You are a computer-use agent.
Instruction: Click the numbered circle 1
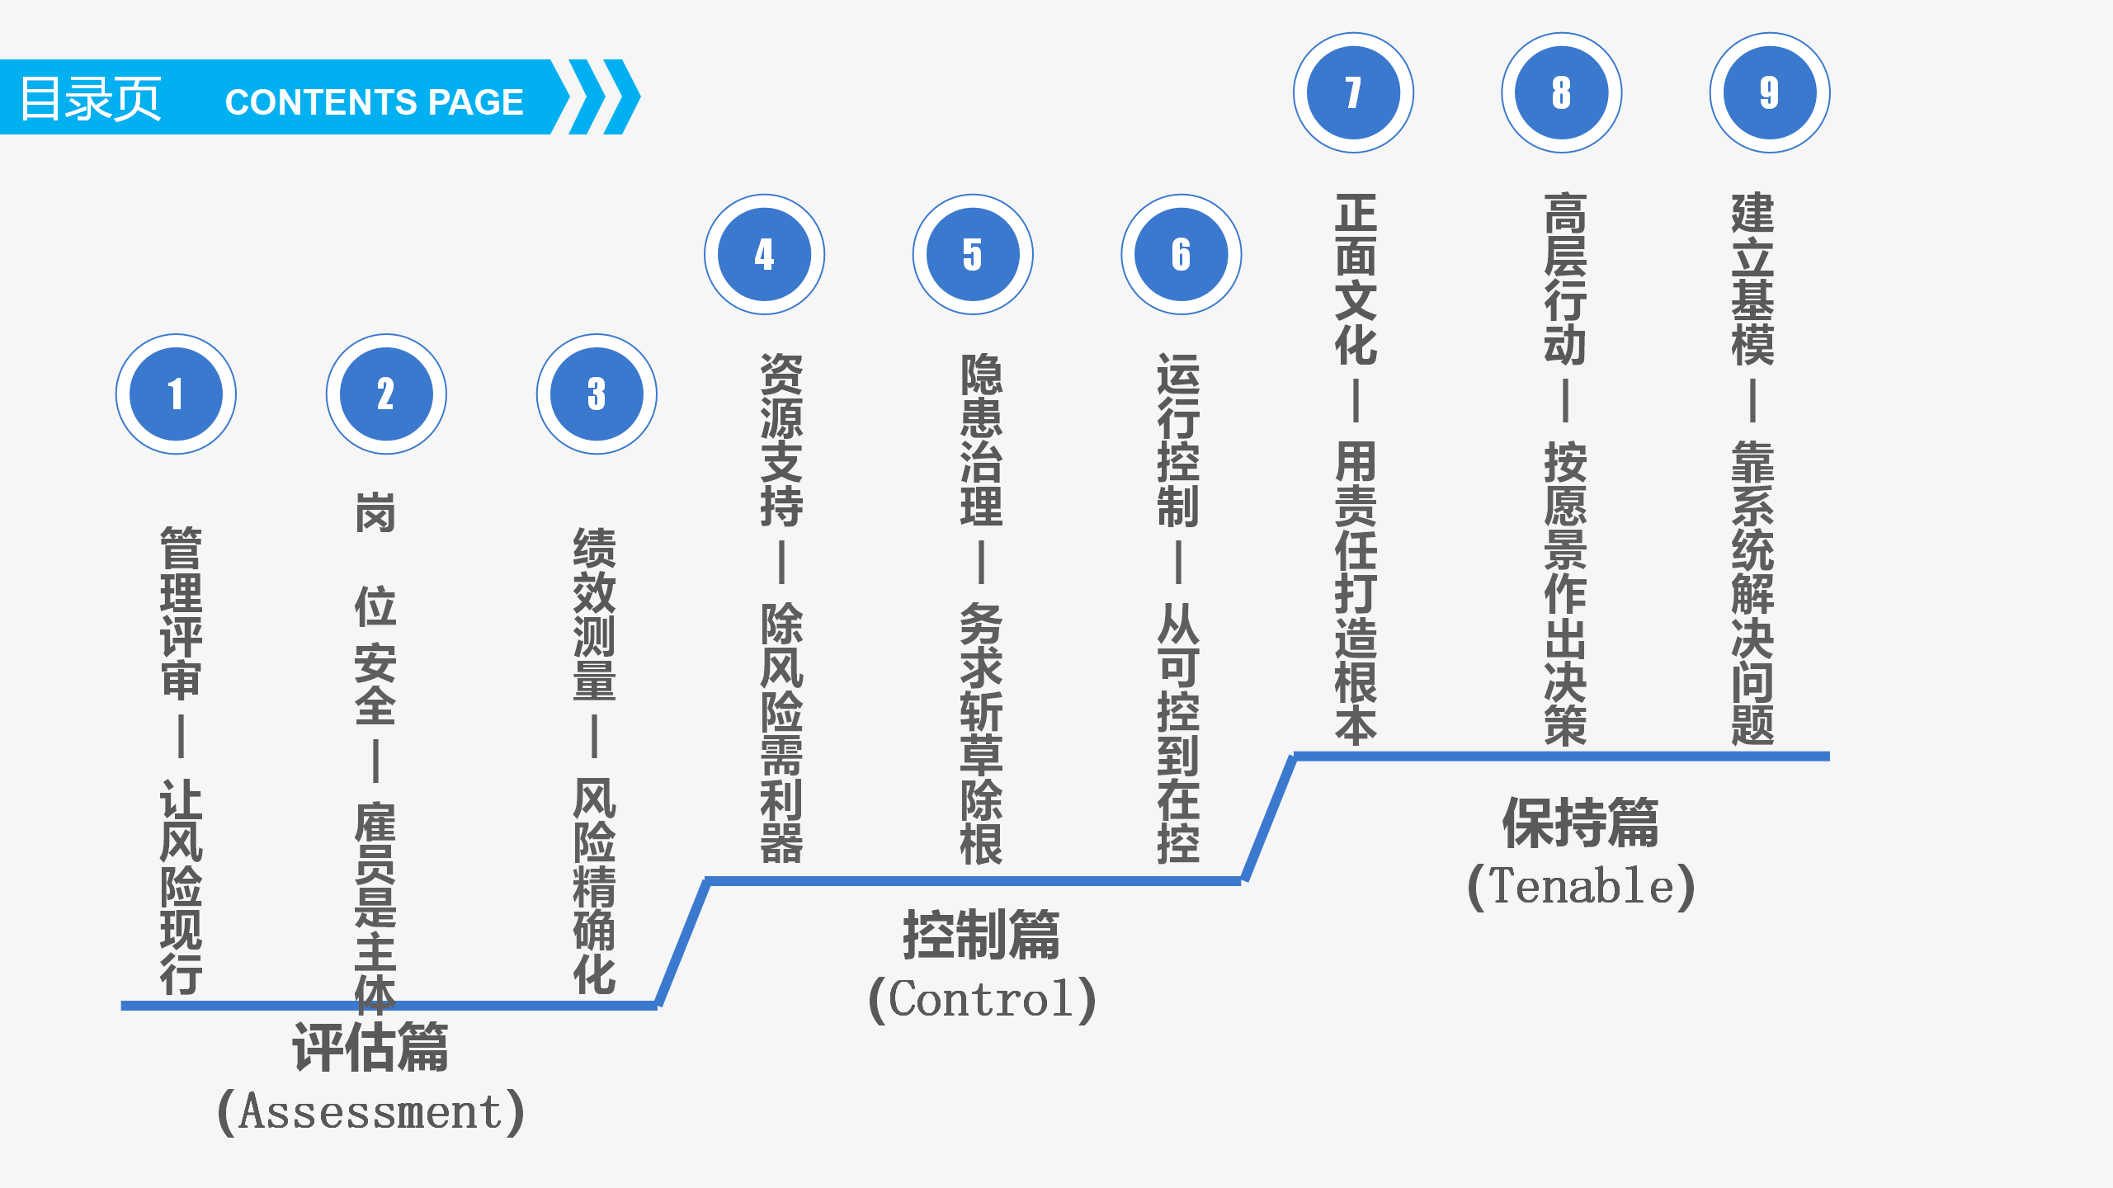pos(176,394)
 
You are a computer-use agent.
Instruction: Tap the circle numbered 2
pos(386,394)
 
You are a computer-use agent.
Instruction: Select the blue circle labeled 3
pos(597,394)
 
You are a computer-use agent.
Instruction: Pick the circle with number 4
pos(764,254)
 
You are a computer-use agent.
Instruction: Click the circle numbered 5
pos(973,254)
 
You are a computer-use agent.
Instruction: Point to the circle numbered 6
pos(1181,254)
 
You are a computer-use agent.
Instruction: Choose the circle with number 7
pos(1353,92)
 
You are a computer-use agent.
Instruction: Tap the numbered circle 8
pos(1562,92)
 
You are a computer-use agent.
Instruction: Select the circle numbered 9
pos(1770,92)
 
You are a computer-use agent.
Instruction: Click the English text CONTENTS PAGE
pos(374,102)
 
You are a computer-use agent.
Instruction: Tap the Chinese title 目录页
pos(91,99)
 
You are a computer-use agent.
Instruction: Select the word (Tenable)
pos(1581,886)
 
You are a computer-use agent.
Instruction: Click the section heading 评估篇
pos(370,1048)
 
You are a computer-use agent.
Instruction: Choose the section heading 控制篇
pos(982,936)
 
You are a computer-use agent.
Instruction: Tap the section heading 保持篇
pos(1581,823)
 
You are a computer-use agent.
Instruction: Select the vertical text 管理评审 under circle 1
pos(181,612)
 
